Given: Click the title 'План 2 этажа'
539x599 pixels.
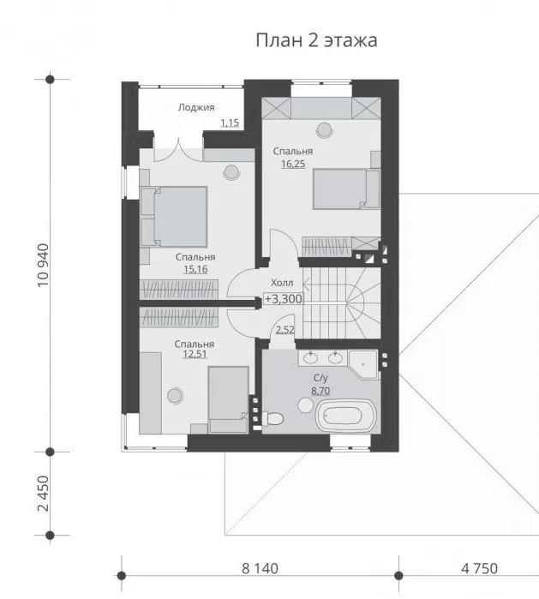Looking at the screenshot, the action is (x=316, y=40).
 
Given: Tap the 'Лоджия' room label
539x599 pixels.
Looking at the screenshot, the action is (x=196, y=107).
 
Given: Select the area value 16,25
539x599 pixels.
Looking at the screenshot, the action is (x=293, y=164).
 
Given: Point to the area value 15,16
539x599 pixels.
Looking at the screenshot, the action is (x=195, y=269).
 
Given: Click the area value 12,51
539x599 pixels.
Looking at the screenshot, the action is (x=195, y=354).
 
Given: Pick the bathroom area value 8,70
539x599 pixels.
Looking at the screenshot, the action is (x=320, y=391).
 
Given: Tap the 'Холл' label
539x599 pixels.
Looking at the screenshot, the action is (x=282, y=283).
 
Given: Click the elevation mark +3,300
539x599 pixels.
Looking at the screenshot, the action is (x=283, y=299).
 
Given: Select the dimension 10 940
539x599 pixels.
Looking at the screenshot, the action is (x=44, y=265).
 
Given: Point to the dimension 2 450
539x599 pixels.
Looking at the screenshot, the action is (x=44, y=494).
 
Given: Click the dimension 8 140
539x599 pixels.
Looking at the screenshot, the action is (x=260, y=568).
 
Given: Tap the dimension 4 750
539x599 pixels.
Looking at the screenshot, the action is (x=479, y=568).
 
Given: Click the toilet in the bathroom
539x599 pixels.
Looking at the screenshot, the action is (x=272, y=419).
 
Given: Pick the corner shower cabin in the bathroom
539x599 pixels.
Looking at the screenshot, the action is (x=363, y=364).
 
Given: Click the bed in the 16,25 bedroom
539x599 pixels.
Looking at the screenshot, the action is (x=346, y=189).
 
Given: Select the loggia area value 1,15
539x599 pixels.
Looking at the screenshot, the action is (x=230, y=123).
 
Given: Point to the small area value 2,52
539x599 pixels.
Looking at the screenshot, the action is (x=285, y=330).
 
